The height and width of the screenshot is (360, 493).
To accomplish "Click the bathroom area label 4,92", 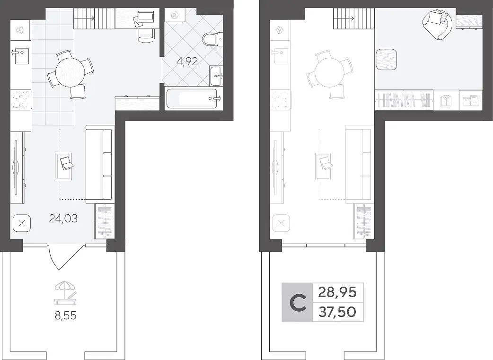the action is pyautogui.click(x=187, y=61).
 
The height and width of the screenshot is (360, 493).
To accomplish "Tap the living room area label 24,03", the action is pyautogui.click(x=63, y=218).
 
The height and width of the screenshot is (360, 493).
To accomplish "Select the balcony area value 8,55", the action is pyautogui.click(x=65, y=316).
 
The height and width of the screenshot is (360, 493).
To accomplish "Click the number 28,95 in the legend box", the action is pyautogui.click(x=337, y=292).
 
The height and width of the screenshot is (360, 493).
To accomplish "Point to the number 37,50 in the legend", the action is pyautogui.click(x=337, y=312).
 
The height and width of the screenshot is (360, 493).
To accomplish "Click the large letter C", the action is pyautogui.click(x=298, y=302).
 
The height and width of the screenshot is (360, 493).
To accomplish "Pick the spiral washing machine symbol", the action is pyautogui.click(x=174, y=15).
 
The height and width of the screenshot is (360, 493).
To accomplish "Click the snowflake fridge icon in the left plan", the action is pyautogui.click(x=21, y=30).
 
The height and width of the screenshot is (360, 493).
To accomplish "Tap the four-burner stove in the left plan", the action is pyautogui.click(x=21, y=99).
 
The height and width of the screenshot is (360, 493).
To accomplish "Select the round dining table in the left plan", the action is pyautogui.click(x=70, y=75).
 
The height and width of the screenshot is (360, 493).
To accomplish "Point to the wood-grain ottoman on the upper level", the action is pyautogui.click(x=387, y=60).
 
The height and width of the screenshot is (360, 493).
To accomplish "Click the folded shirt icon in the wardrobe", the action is pyautogui.click(x=446, y=101).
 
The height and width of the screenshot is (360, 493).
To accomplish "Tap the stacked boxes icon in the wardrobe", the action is pyautogui.click(x=471, y=101).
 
